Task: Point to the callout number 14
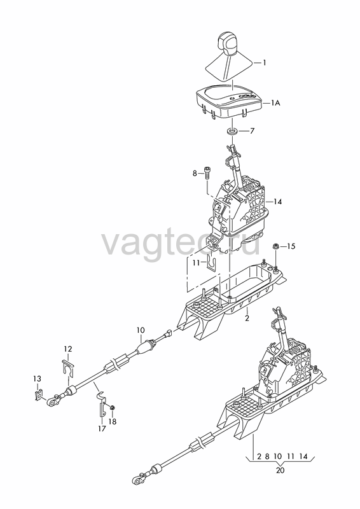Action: [x=277, y=202]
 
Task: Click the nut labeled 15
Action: [x=275, y=246]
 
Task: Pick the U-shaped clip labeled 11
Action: [x=211, y=261]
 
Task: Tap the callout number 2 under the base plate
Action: [x=247, y=318]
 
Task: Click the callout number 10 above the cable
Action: [x=141, y=330]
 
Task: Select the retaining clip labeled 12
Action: [x=68, y=368]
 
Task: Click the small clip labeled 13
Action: [x=39, y=394]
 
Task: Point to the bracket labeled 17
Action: [x=102, y=405]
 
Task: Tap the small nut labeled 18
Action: [x=112, y=407]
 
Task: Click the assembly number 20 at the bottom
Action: [x=280, y=470]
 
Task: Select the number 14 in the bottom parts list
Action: [x=303, y=456]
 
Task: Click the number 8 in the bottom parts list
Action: [x=267, y=456]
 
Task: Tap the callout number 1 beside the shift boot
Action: [x=264, y=62]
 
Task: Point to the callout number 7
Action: [x=253, y=131]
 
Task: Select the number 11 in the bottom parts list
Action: [x=291, y=456]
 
